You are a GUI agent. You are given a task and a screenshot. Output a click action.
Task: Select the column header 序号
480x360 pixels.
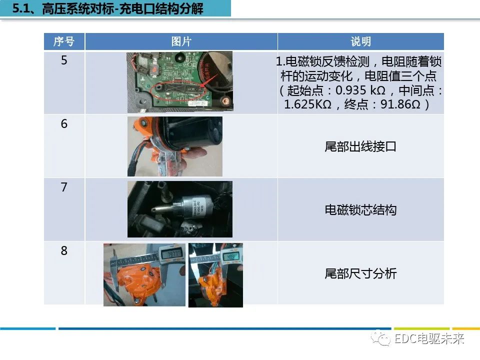63,41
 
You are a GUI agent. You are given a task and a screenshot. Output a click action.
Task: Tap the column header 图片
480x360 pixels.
181,41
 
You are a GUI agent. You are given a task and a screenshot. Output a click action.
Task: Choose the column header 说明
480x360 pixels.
360,41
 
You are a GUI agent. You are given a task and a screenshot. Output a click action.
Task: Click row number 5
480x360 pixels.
64,60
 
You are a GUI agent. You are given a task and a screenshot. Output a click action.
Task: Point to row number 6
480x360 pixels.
64,124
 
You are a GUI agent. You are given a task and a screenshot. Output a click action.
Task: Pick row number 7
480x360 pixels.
64,187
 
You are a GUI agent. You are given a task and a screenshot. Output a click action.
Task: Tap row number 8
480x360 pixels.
64,250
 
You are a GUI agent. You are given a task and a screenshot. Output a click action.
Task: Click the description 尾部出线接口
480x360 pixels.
360,146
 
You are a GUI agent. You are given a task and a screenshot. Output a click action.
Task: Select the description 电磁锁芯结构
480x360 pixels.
360,210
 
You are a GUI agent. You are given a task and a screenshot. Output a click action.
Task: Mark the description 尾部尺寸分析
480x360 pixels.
360,273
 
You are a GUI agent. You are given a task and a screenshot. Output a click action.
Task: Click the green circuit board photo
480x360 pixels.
179,82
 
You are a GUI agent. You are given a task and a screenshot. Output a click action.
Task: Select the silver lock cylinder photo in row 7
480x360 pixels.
179,209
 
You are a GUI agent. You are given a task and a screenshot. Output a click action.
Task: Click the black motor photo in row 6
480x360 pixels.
174,146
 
